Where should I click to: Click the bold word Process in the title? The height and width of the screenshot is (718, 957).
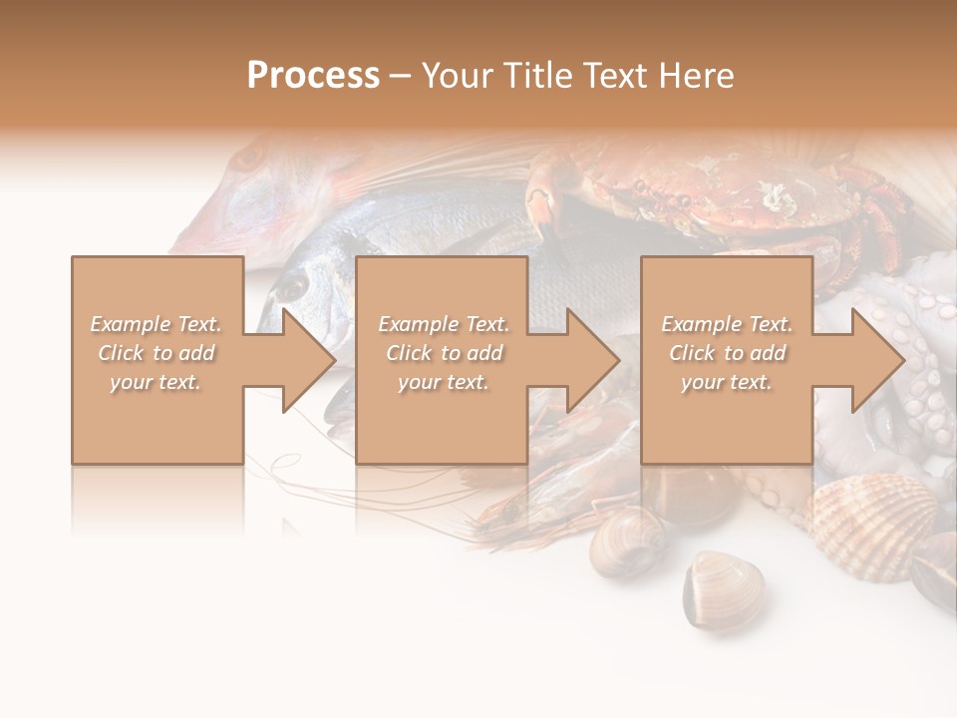(313, 75)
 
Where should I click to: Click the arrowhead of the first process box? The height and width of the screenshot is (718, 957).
(308, 360)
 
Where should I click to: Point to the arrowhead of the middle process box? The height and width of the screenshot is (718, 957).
(592, 360)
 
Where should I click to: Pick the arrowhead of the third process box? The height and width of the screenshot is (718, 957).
(877, 360)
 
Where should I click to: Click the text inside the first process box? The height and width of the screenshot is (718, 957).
(157, 353)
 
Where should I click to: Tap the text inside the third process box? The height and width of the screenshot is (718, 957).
(727, 353)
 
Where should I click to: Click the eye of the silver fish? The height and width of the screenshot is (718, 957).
(291, 287)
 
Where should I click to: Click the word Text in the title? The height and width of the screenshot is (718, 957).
(616, 75)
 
